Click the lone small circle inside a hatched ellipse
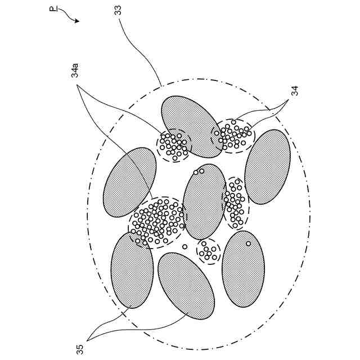point(248,244)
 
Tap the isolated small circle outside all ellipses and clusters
point(184,246)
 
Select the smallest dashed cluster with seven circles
point(208,251)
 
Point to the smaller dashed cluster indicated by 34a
point(174,145)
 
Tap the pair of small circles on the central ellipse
point(199,172)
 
